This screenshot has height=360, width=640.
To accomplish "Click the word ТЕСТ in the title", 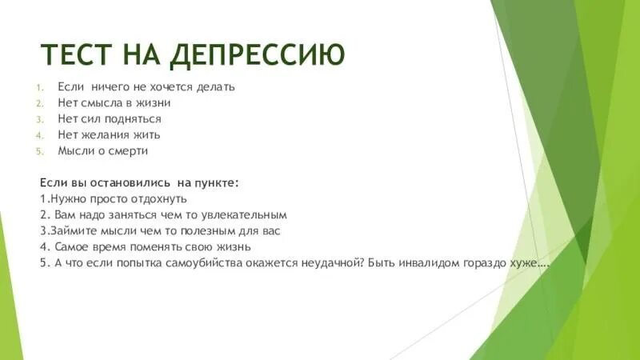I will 78,54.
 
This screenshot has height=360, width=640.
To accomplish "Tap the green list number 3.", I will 39,119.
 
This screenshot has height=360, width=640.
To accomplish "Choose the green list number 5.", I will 39,151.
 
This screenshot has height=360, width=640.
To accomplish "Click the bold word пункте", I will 215,183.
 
